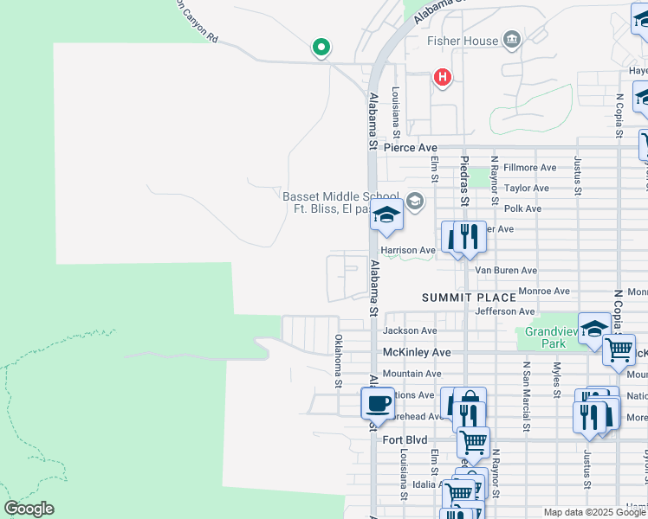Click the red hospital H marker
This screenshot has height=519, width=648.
point(443,78)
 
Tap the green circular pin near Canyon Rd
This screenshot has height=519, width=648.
point(321,47)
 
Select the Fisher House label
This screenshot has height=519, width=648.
point(463,41)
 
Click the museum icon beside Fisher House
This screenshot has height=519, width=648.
point(512,39)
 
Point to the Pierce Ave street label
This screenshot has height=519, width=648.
point(411,148)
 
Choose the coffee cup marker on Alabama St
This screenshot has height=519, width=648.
point(378,402)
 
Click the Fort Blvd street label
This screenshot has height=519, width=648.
point(405,440)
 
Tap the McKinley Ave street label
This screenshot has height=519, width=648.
point(417,353)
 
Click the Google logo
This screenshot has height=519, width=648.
point(29,509)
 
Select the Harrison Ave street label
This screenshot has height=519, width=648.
point(408,250)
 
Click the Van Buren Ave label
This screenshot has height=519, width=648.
point(506,271)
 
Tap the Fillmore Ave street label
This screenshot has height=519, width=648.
point(529,167)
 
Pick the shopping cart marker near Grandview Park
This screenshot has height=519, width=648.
point(619,350)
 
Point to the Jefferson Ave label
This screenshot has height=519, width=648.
point(505,311)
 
